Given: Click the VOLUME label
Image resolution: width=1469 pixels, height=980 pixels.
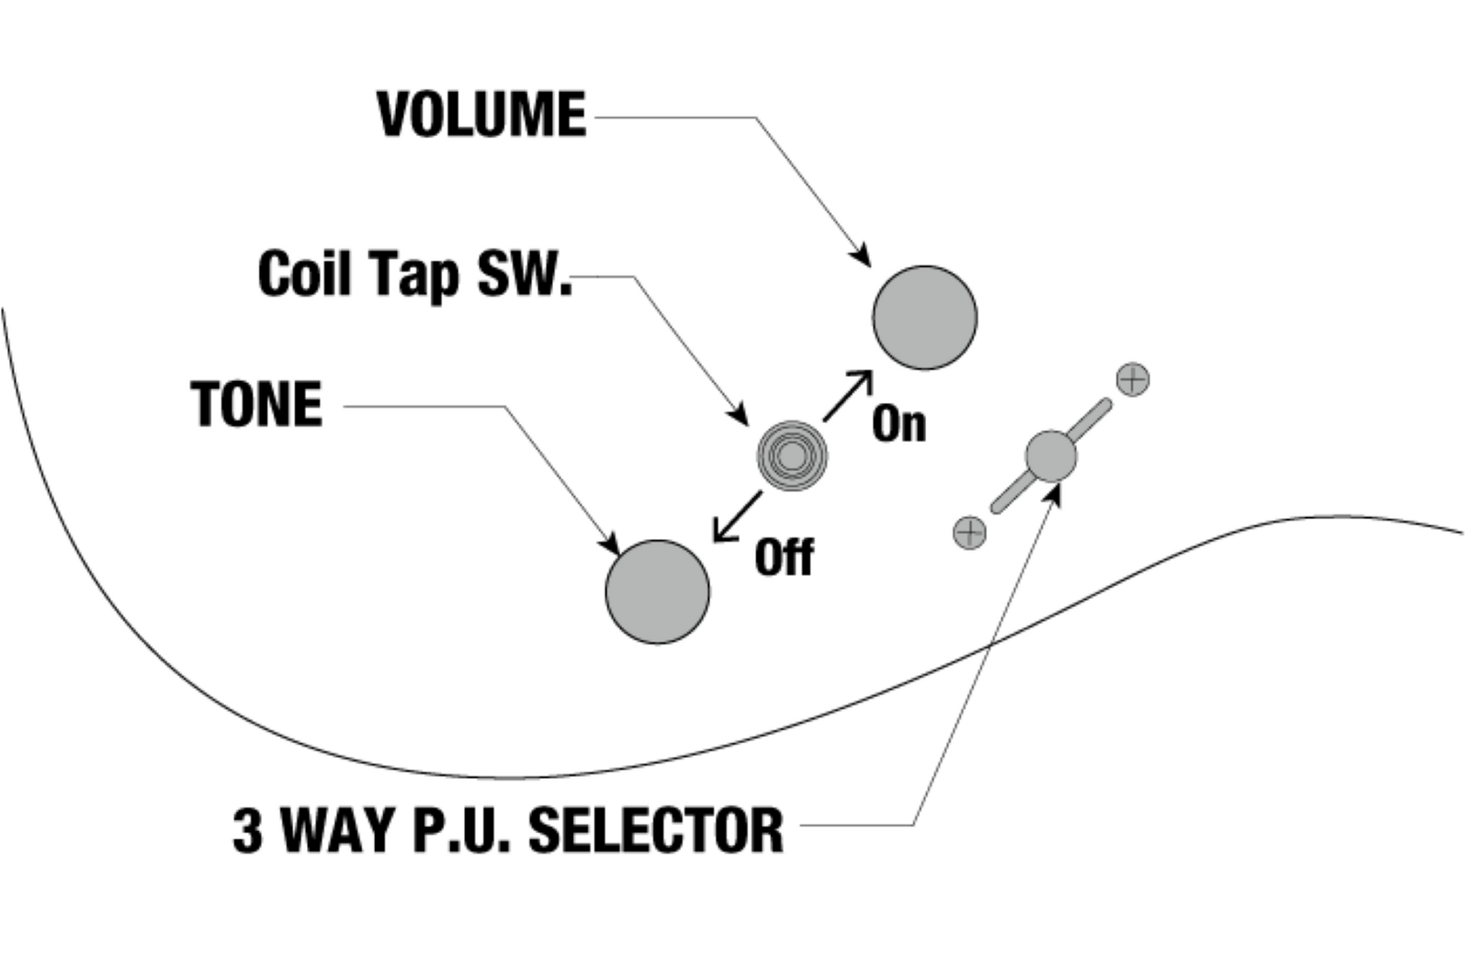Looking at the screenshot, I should [481, 115].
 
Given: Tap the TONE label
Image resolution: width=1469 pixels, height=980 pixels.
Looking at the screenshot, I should [257, 404].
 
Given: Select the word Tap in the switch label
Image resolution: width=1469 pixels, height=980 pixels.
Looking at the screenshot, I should [413, 275].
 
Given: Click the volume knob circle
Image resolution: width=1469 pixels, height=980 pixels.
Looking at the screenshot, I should [924, 318].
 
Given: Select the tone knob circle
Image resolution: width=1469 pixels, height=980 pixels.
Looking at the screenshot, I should [657, 591].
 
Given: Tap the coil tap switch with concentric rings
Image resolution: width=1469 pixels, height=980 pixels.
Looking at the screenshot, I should [792, 456].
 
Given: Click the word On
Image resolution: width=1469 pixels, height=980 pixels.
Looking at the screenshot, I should [898, 424].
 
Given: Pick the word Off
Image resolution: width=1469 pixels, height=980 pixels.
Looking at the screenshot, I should [784, 558].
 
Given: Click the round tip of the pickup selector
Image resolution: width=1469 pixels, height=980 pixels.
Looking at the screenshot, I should [1050, 456].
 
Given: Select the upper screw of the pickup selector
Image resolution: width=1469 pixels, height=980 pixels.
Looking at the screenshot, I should [1133, 378].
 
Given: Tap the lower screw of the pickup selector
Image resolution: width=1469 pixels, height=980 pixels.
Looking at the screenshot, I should [969, 532].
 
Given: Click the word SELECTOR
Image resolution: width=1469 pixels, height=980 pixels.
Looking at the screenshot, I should [656, 829].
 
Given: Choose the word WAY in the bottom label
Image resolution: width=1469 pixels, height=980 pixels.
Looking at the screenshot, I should [339, 829].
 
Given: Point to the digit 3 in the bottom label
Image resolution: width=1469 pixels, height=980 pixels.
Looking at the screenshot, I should [247, 829].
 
